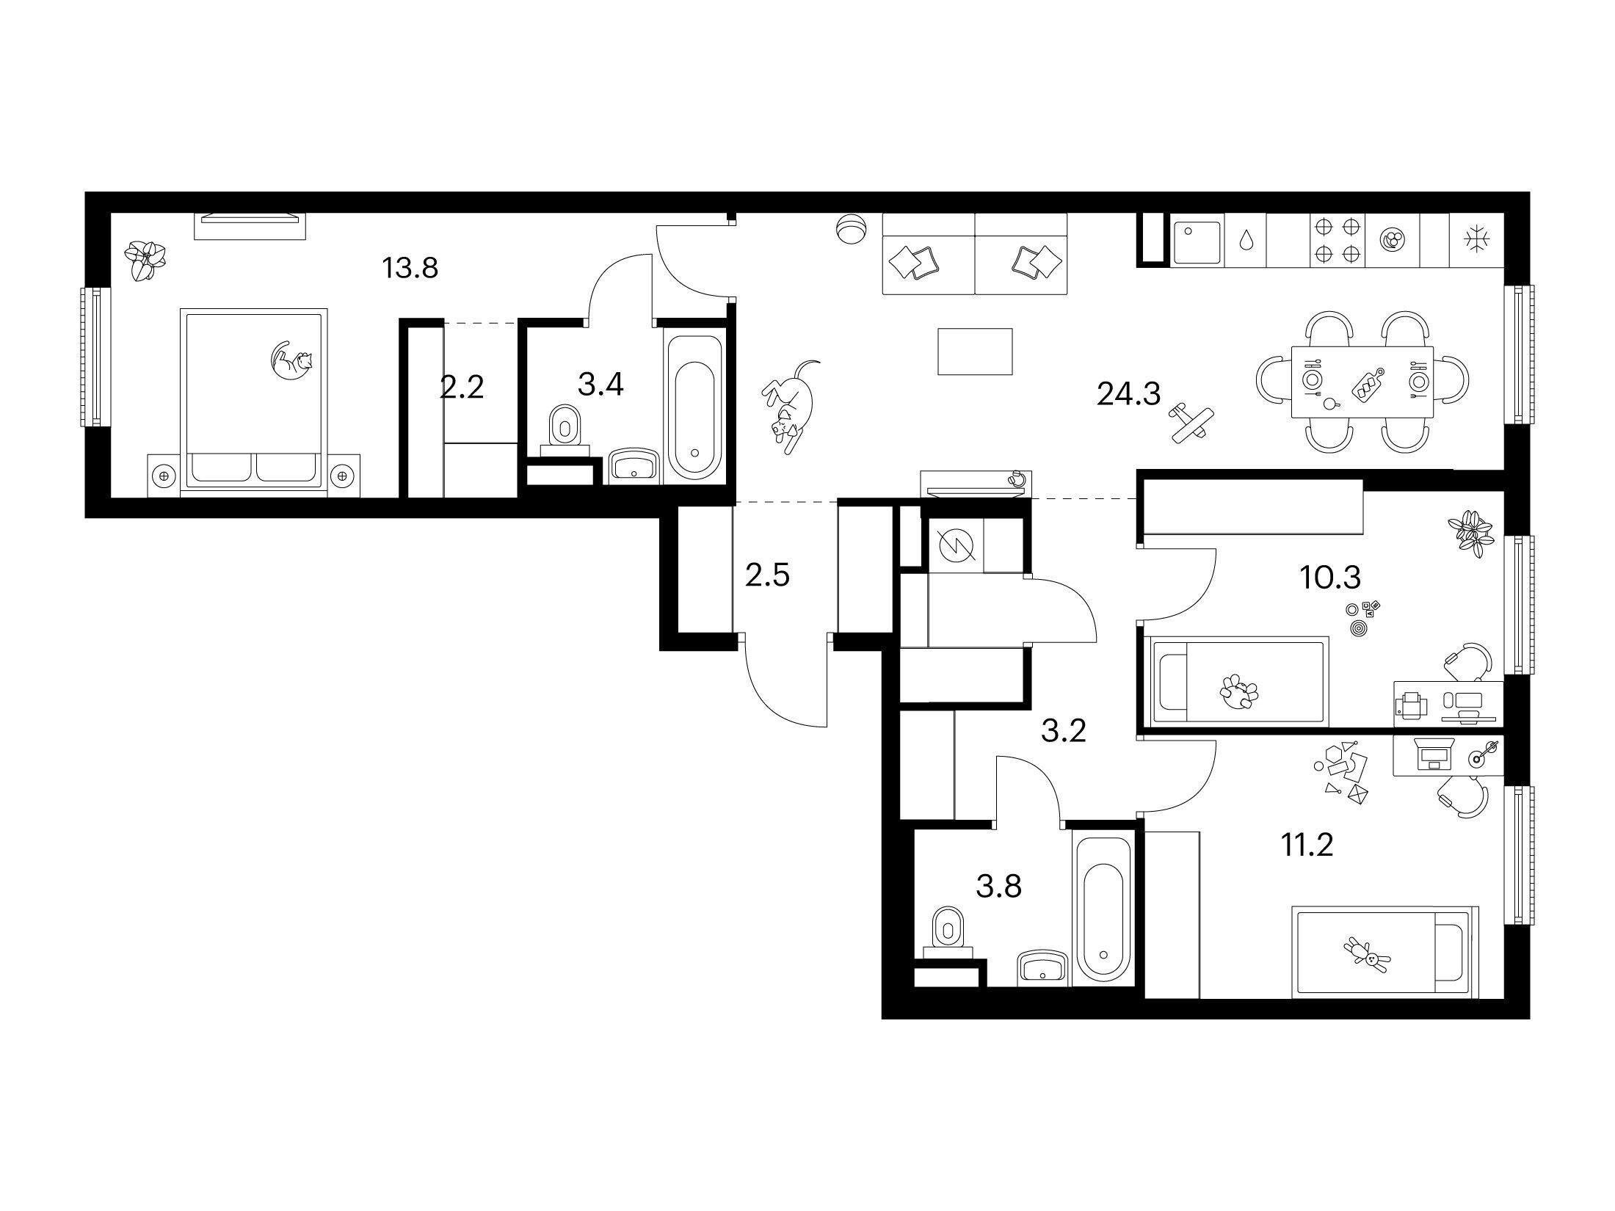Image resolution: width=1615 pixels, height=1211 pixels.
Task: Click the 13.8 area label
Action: (410, 269)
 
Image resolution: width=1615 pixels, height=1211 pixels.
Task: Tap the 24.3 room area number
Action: (1128, 395)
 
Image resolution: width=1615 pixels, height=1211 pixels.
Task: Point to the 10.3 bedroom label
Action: (1330, 578)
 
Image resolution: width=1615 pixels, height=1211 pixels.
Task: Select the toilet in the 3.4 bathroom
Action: (565, 426)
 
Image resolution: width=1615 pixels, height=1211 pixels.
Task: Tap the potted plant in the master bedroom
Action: (145, 261)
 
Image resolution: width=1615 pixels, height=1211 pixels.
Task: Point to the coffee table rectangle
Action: (976, 352)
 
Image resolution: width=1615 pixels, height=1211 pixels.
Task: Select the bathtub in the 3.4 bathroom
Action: (695, 404)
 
